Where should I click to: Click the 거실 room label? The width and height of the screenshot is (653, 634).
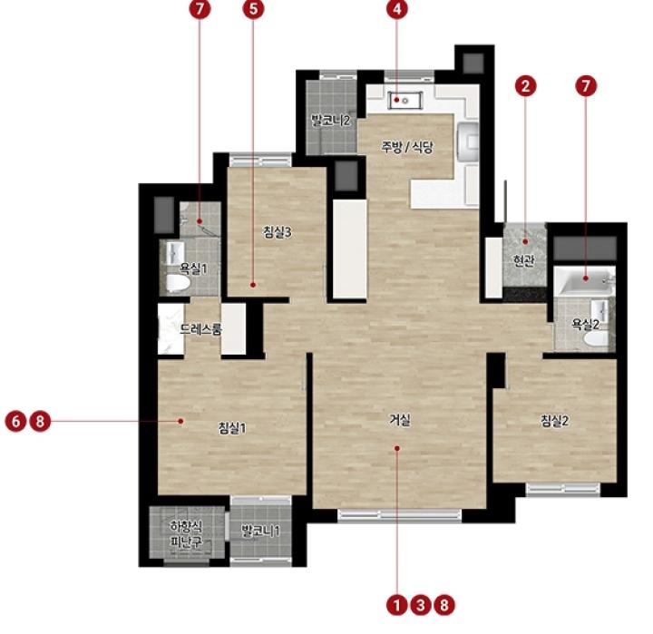(400, 420)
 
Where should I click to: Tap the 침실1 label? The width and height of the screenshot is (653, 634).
(232, 428)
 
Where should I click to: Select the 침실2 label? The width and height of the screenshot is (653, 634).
(555, 421)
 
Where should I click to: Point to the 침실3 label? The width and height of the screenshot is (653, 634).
(278, 232)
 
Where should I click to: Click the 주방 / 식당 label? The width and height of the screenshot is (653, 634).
(407, 147)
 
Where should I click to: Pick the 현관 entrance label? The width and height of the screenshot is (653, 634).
(524, 260)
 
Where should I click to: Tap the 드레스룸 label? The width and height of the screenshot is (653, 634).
(200, 329)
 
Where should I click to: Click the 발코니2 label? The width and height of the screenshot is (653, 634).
(331, 121)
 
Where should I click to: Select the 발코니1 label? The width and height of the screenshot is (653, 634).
(260, 532)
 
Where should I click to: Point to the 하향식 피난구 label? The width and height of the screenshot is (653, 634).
(186, 534)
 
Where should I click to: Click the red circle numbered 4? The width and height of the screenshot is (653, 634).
(397, 9)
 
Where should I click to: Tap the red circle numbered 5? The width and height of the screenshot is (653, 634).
(253, 9)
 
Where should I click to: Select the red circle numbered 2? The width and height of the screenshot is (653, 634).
(525, 86)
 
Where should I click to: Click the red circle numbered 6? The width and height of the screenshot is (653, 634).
(15, 421)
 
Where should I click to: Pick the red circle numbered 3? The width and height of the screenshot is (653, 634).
(421, 605)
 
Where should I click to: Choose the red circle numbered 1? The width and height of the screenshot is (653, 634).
(397, 605)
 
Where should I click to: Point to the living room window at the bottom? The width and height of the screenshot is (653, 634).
(399, 515)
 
